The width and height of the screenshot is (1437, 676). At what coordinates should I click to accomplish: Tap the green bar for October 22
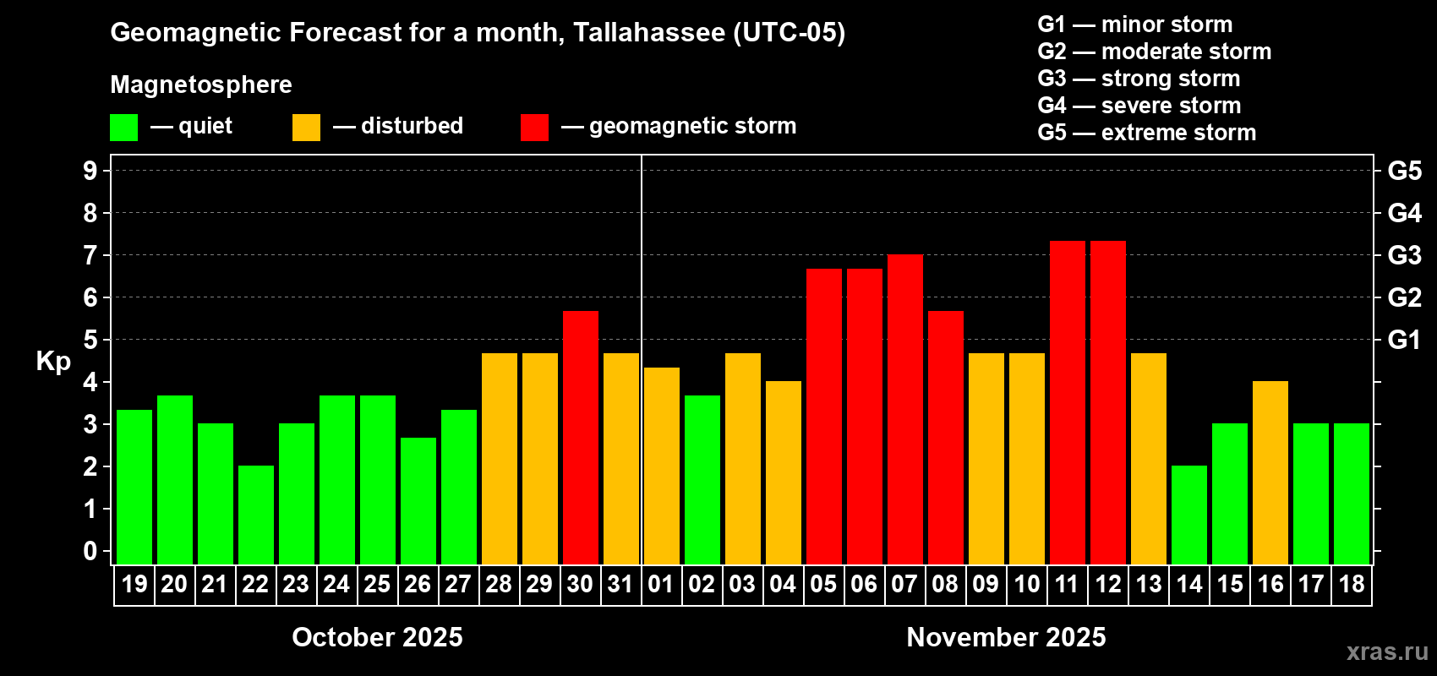point(255,515)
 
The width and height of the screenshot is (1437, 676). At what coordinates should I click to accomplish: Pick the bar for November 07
point(904,409)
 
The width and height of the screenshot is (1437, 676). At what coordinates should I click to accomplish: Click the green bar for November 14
point(1188,515)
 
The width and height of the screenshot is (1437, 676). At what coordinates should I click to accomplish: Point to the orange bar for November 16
point(1270,472)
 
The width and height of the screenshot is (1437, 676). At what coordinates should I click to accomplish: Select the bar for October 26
point(418,500)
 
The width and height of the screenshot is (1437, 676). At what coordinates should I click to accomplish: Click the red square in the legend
point(534,128)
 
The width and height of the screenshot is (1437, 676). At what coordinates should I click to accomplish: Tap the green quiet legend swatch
point(123,128)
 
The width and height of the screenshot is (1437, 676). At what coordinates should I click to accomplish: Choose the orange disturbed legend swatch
point(306,128)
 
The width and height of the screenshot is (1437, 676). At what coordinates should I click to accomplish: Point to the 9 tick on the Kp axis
point(90,171)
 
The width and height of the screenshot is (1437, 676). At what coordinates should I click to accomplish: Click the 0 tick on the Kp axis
point(90,552)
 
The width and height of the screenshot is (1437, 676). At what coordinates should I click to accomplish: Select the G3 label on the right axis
point(1404,255)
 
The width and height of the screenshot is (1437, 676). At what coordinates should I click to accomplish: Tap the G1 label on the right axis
point(1404,340)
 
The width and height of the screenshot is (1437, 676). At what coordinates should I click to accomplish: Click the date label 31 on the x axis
point(620,584)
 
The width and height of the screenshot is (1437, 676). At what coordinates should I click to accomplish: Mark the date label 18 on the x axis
point(1351,584)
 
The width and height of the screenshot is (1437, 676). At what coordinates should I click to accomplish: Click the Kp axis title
point(53,361)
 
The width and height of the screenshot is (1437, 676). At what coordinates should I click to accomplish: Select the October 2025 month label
point(377,637)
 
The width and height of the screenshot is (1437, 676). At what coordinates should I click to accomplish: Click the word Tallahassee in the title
point(649,32)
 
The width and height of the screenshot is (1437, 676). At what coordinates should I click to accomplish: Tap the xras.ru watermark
point(1387,651)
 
